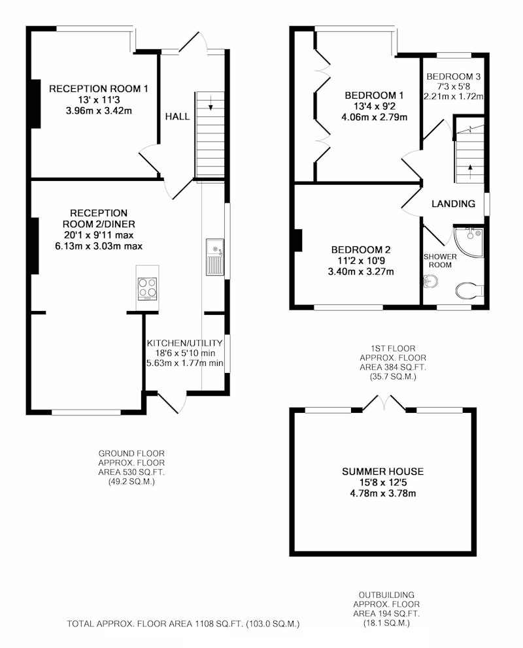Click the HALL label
coord(177,116)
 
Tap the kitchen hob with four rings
coord(147,289)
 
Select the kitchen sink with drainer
coord(215,257)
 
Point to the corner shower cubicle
coord(469,240)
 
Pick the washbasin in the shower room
coord(430,282)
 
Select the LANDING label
coord(453,203)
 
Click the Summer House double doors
coord(384,403)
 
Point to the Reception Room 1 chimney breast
coord(35,104)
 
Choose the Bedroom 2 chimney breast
coord(297,240)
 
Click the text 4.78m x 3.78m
coord(383,493)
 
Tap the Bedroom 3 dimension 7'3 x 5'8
coord(454,86)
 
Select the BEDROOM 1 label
coord(374,95)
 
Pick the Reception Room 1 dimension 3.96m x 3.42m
coord(99,111)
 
